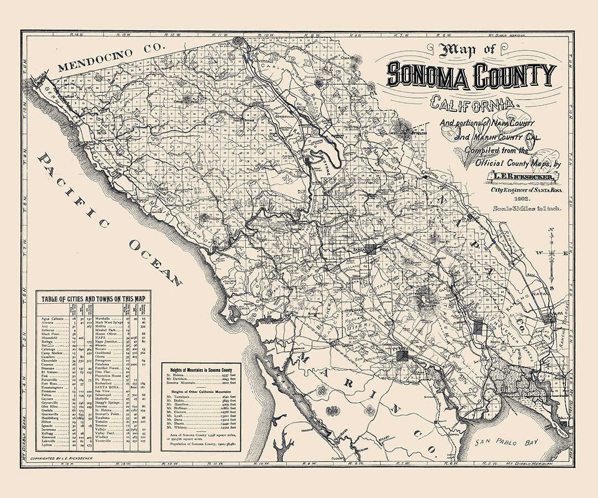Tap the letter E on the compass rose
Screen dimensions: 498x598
pos(565,253)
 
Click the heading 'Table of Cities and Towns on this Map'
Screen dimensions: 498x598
pos(94,298)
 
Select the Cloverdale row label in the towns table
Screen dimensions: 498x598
pos(50,361)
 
